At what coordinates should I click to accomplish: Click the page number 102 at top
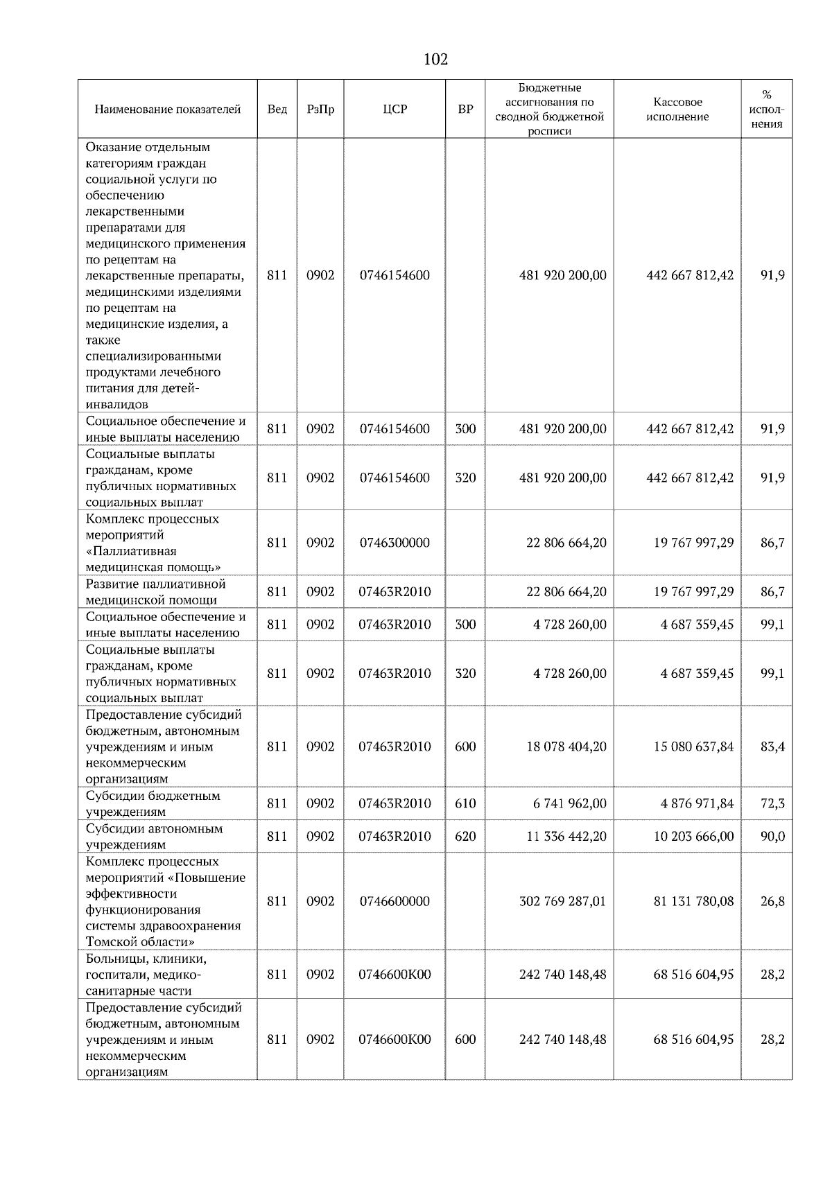click(x=435, y=60)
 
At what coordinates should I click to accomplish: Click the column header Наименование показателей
click(x=167, y=110)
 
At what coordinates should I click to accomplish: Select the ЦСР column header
click(x=395, y=110)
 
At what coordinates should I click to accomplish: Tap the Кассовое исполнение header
click(x=677, y=110)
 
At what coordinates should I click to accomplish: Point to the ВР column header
click(x=465, y=110)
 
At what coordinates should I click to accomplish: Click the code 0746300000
click(x=395, y=543)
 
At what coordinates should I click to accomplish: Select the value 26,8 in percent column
click(x=772, y=901)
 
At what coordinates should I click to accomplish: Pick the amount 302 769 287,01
click(x=562, y=901)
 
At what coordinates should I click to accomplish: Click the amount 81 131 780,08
click(x=693, y=901)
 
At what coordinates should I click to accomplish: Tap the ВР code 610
click(x=465, y=803)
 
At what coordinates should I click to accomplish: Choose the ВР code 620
click(x=465, y=836)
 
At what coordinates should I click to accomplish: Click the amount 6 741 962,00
click(x=569, y=803)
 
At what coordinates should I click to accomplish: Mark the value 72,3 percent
click(x=772, y=803)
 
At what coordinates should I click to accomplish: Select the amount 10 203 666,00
click(x=693, y=836)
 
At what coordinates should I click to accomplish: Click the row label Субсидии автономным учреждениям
click(x=154, y=836)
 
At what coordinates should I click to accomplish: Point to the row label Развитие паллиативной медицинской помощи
click(x=155, y=592)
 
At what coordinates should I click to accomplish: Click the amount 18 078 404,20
click(x=566, y=747)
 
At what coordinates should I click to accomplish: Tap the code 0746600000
click(x=395, y=901)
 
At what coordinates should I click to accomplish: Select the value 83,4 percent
click(x=772, y=747)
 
